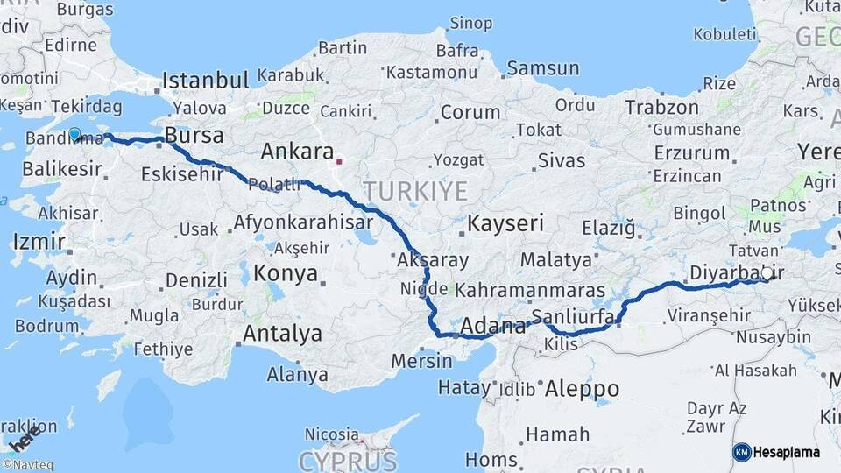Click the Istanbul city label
click(206, 81)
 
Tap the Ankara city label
click(298, 151)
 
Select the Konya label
click(286, 273)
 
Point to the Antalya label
click(282, 334)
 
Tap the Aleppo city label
click(582, 388)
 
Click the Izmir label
click(39, 241)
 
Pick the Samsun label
click(543, 67)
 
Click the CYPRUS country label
click(348, 460)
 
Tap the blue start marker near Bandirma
click(75, 134)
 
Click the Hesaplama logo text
click(787, 452)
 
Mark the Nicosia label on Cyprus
click(331, 434)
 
